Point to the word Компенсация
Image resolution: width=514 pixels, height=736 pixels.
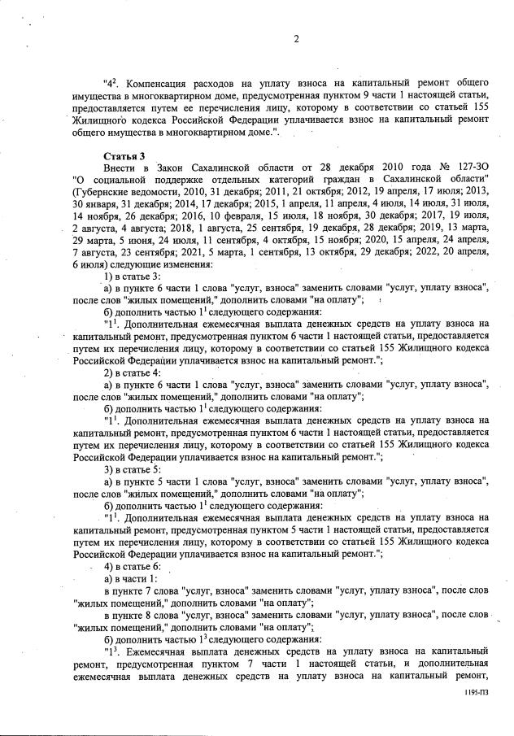coord(161,84)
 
